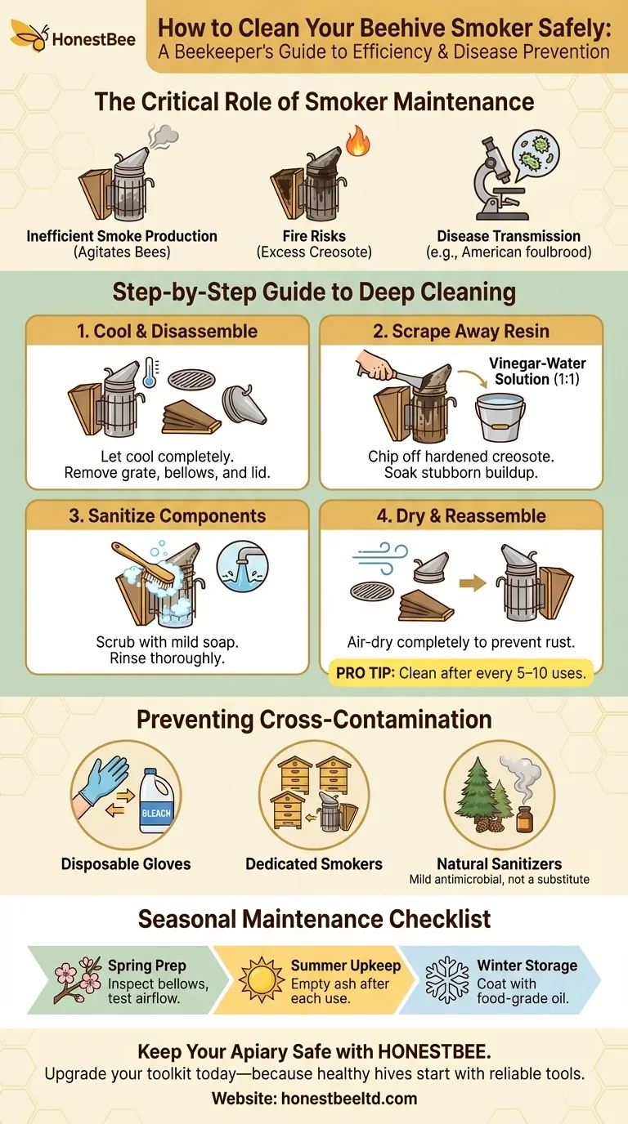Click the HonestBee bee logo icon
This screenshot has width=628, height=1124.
tap(27, 37)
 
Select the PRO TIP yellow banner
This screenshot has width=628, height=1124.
tap(461, 675)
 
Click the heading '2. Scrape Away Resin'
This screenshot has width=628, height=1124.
tap(460, 331)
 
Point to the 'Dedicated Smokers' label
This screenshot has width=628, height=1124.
tap(314, 863)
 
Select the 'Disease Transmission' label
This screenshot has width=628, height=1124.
tap(509, 236)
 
